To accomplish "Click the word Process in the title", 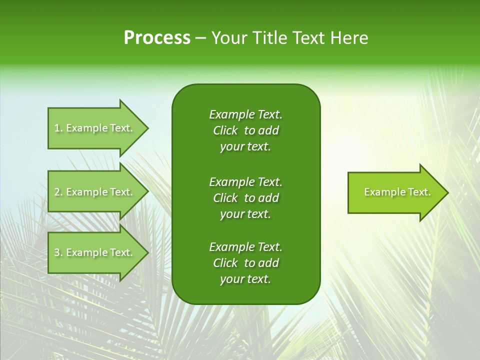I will click(157, 38).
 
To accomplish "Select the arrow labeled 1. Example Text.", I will click(95, 128).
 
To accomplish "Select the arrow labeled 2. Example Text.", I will click(95, 192).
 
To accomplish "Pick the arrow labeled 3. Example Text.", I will click(95, 252).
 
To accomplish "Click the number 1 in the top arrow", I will click(57, 128).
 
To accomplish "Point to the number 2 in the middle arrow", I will click(57, 192).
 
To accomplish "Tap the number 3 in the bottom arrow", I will click(57, 252).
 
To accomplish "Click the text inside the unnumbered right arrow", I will click(397, 192).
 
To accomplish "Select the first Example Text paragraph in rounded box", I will click(245, 130).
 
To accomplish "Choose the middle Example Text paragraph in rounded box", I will click(245, 197).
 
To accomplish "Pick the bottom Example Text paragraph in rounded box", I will click(245, 263).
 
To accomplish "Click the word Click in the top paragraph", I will click(225, 130).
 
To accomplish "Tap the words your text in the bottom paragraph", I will click(245, 279).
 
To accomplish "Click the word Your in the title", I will click(228, 38).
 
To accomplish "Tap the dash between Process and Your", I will click(201, 38).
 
